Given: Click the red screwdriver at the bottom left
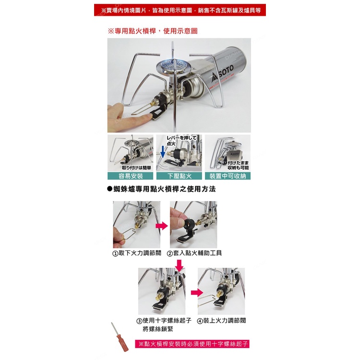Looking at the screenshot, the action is click(120, 337).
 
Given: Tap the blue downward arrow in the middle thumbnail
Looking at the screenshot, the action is click(163, 152).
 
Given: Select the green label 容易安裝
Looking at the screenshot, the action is click(131, 176).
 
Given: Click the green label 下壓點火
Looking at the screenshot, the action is click(179, 176).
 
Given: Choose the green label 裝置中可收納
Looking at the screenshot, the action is click(228, 176).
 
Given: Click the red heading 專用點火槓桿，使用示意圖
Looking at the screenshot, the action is click(153, 31).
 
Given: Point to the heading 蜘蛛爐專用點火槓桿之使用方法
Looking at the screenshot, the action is click(162, 189).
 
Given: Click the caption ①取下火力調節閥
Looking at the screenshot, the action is click(137, 253).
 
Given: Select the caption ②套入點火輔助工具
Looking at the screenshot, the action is click(194, 253).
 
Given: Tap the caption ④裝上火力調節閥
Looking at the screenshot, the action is click(222, 321).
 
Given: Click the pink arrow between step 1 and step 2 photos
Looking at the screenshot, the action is click(162, 226).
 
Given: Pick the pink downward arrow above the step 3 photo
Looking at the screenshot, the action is click(180, 265).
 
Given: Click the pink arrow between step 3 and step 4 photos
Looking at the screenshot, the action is click(197, 293).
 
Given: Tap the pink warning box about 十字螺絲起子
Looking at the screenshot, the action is click(192, 344).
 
